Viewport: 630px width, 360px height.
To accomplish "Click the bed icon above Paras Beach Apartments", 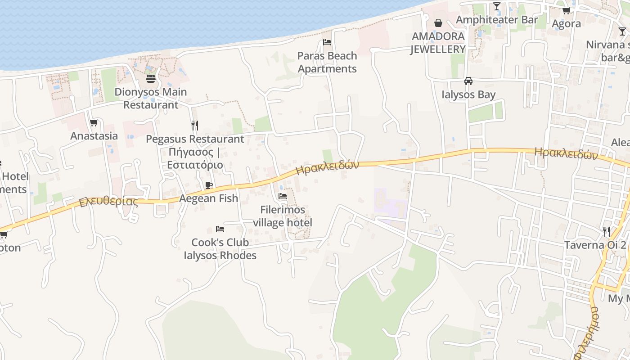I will point(327,42).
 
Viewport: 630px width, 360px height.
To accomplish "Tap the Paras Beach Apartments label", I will point(327,63).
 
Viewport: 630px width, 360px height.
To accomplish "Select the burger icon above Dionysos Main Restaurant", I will point(151,79).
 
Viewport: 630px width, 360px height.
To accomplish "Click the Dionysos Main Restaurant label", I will point(151,98).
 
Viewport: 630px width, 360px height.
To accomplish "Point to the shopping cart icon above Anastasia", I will point(94,122).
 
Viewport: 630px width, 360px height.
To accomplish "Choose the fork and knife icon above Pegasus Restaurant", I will point(195,125).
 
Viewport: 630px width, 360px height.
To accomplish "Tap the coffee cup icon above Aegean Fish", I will point(209,185).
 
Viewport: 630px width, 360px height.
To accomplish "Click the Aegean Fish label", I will point(209,198).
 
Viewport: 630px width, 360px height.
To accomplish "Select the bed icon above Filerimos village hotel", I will point(283,196).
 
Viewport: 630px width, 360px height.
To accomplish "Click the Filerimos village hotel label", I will point(283,216).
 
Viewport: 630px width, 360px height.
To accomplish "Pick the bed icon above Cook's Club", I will point(220,229).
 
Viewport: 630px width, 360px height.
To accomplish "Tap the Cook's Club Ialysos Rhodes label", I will point(220,249).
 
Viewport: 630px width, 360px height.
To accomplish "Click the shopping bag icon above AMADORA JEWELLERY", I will point(438,23).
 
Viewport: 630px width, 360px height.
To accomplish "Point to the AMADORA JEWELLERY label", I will point(438,43).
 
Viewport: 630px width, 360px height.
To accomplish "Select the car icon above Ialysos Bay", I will point(468,81).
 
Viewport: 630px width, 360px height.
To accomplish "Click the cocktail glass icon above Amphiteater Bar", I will point(497,6).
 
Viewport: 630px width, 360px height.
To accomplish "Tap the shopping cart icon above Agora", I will point(566,10).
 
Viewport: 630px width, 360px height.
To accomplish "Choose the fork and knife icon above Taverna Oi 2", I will point(607,232).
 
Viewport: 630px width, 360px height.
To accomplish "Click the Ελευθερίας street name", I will point(108,201).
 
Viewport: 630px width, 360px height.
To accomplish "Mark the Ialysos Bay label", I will point(468,94).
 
